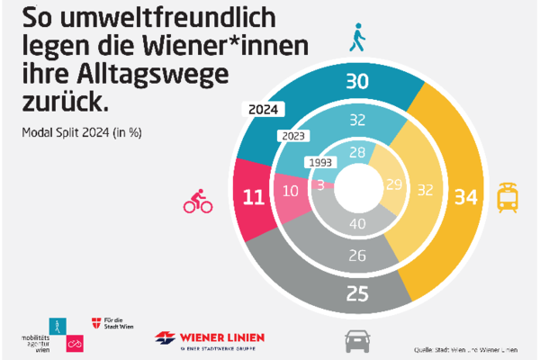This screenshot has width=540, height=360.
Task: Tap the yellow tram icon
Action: pos(508,195)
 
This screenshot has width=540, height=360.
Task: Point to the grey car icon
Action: pos(357,340)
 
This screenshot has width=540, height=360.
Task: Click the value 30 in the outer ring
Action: pos(358,83)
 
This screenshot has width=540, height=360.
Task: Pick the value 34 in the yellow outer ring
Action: pos(467,195)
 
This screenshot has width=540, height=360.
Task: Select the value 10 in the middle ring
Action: pos(291,192)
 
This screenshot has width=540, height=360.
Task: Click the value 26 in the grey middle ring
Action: pos(357,256)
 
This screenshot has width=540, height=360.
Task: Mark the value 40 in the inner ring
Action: pos(357,223)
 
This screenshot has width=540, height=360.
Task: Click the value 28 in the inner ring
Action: pos(357,153)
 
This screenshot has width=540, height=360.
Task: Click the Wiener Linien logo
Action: pos(210,339)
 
